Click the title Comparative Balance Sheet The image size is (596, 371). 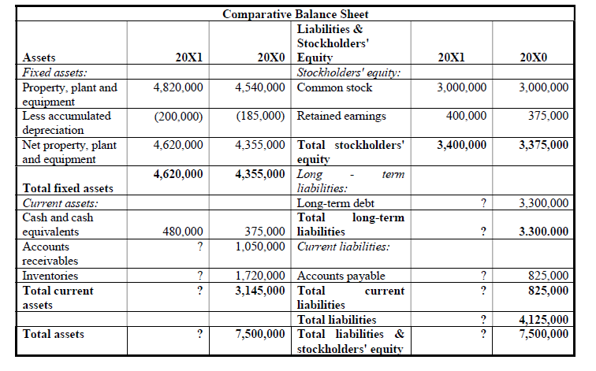(x=296, y=14)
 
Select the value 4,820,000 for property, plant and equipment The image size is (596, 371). (x=178, y=88)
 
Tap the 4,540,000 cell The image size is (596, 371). (x=261, y=88)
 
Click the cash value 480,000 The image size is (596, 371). (x=183, y=232)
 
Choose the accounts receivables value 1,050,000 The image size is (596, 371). (x=261, y=247)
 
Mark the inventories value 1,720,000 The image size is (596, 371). (x=261, y=276)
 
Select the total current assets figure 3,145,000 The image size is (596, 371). (x=261, y=291)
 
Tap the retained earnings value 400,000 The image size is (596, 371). (x=468, y=117)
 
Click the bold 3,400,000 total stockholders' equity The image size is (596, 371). (x=462, y=145)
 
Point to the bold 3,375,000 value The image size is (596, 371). (x=544, y=145)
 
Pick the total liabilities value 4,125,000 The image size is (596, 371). (x=544, y=320)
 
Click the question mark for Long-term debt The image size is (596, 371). (x=482, y=203)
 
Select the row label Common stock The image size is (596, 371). (x=329, y=88)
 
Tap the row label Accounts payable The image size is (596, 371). (x=341, y=276)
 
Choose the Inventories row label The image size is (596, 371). (x=50, y=276)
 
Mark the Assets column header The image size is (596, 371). (x=39, y=58)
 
